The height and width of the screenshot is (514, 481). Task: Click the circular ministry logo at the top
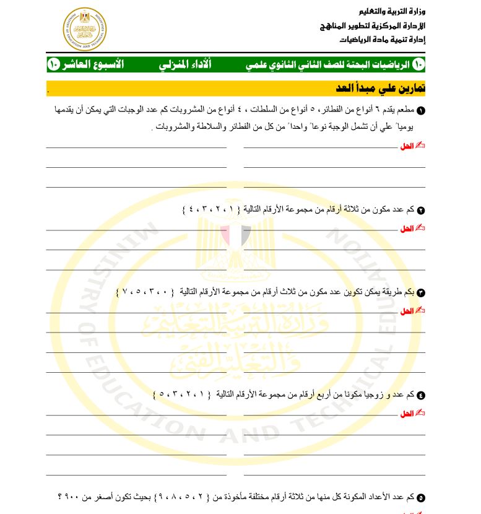[x=85, y=29]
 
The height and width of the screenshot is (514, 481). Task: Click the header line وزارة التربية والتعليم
[x=392, y=12]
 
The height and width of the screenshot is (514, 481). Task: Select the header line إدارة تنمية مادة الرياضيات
[x=382, y=39]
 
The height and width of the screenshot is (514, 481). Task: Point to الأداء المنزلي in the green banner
[x=185, y=64]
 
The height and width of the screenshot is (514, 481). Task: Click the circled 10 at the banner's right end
[x=418, y=64]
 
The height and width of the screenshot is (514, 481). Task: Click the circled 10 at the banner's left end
[x=53, y=64]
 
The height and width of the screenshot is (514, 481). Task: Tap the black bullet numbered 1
[x=422, y=111]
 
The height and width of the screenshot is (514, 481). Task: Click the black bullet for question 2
[x=422, y=210]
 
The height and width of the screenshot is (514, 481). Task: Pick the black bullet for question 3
[x=422, y=292]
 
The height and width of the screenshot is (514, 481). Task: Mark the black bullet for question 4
[x=422, y=395]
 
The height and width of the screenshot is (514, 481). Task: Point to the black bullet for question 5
[x=422, y=497]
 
